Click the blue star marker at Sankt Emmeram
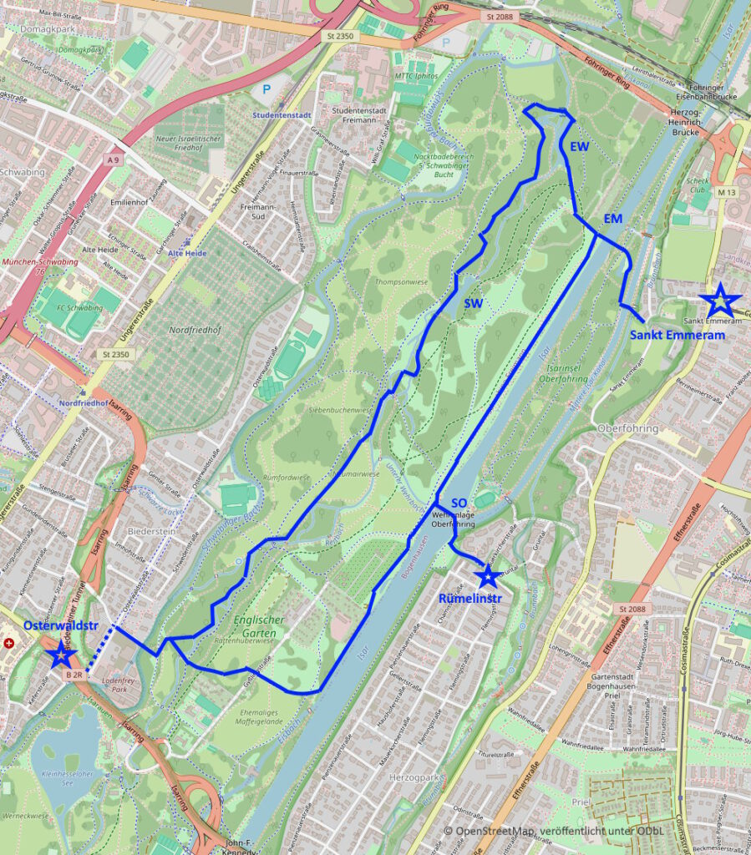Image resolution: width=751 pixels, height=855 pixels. pyautogui.click(x=718, y=301)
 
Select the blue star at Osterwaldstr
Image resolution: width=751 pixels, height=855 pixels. pyautogui.click(x=61, y=653)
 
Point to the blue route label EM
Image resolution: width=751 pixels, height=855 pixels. pyautogui.click(x=614, y=219)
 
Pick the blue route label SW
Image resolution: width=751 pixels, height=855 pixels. pyautogui.click(x=474, y=304)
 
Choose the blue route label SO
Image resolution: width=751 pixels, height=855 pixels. pyautogui.click(x=459, y=503)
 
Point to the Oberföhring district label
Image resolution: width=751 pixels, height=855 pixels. pyautogui.click(x=630, y=428)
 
